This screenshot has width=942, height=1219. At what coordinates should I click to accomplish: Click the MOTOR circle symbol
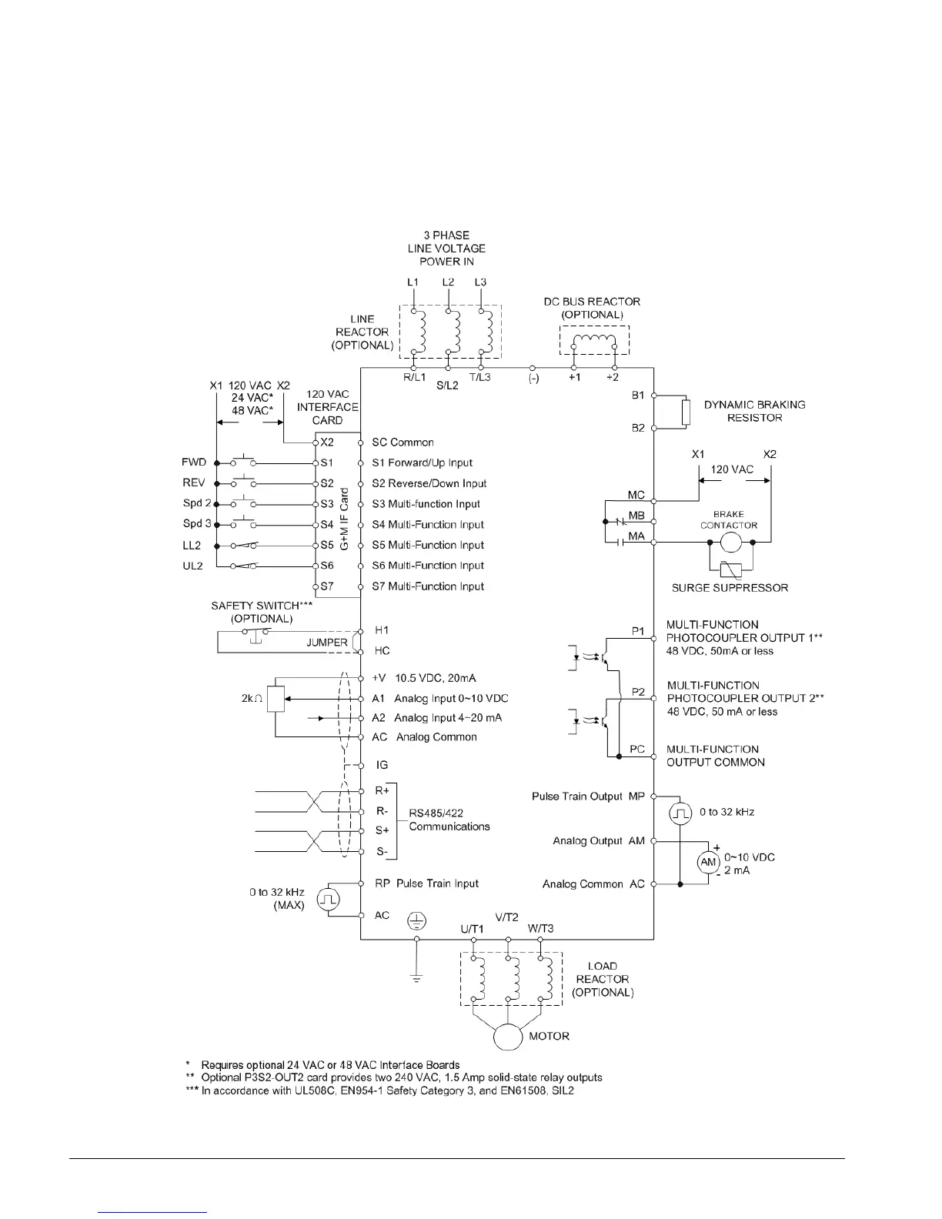tap(508, 1036)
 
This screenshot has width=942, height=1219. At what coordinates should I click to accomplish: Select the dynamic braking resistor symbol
tap(684, 412)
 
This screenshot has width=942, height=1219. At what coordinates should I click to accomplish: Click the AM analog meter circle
tap(709, 863)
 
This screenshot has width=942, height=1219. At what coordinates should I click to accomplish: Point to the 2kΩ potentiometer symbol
tap(276, 699)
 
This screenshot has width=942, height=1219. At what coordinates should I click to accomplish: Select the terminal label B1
tap(638, 395)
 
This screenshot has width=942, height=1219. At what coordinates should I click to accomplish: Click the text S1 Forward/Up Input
tap(422, 463)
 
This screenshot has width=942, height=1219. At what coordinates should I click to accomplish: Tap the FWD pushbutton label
tap(194, 463)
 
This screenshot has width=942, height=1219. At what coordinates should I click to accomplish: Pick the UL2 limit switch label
tap(192, 566)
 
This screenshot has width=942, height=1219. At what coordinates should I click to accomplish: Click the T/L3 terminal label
tap(479, 377)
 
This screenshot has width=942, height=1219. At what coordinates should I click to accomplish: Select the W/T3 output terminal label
tap(540, 928)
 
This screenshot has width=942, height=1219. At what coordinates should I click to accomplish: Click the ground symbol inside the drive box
tap(416, 920)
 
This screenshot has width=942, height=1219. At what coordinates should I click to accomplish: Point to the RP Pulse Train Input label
tap(426, 883)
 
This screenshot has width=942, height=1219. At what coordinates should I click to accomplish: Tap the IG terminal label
tap(382, 765)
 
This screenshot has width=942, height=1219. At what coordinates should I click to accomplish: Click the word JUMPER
tap(327, 643)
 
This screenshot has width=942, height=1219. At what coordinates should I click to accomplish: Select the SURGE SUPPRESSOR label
tap(730, 588)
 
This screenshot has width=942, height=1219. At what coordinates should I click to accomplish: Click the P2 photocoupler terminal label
tap(638, 692)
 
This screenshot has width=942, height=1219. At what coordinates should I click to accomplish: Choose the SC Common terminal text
tap(403, 443)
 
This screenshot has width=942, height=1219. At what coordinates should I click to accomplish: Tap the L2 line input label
tap(448, 282)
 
